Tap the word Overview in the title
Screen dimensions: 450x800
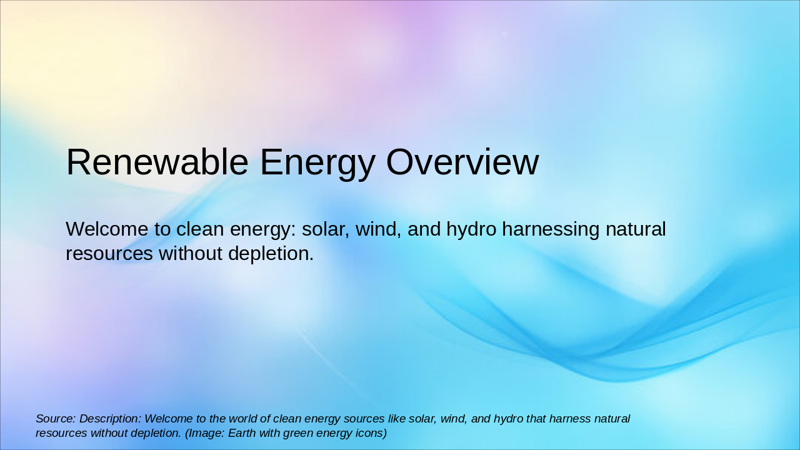coord(462,162)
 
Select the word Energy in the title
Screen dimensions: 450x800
coord(317,162)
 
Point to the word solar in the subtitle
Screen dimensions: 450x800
coord(324,229)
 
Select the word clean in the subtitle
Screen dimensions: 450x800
coord(201,229)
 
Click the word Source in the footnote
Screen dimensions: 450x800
coord(56,419)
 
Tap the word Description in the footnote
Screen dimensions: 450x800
coord(110,419)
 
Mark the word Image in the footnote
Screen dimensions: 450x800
coord(206,433)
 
